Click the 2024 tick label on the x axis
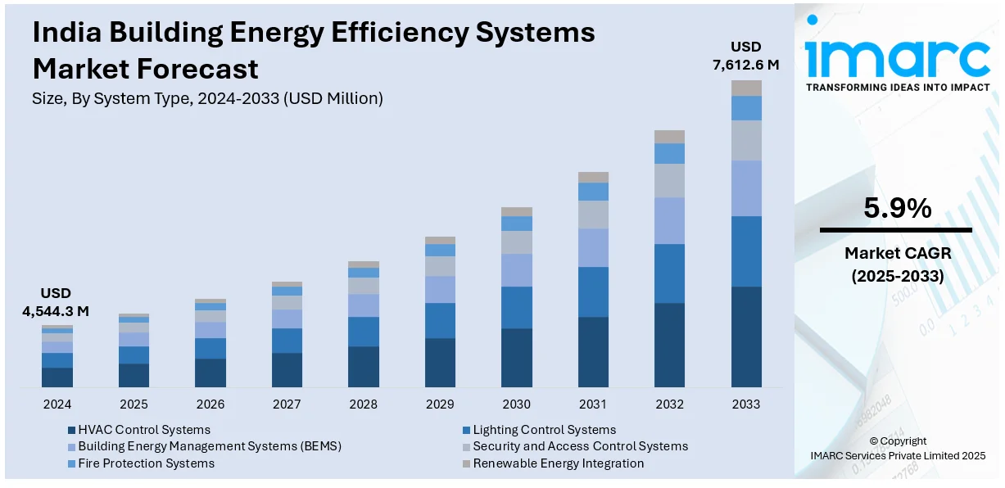click(57, 404)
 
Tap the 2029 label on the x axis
click(440, 404)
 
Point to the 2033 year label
click(746, 404)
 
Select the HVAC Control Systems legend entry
click(144, 430)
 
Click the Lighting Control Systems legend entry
click(544, 430)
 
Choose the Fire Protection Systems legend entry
click(146, 463)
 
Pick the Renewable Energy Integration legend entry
click(558, 463)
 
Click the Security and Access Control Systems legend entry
click(580, 446)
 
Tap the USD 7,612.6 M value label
click(746, 55)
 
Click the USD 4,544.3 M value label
click(56, 302)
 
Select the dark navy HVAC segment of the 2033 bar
click(746, 337)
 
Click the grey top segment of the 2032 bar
click(669, 137)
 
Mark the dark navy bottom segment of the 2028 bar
click(363, 366)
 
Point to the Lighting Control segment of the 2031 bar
click(593, 291)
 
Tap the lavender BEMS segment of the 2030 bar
click(516, 269)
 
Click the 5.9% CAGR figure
click(897, 210)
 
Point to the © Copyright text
click(898, 441)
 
